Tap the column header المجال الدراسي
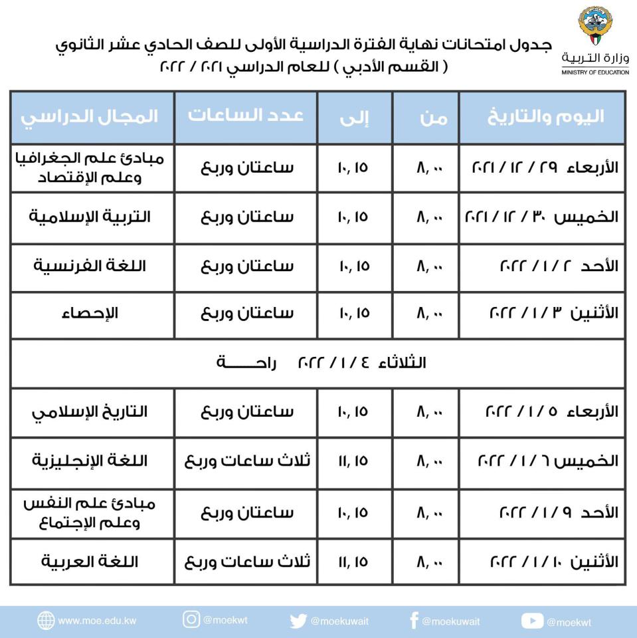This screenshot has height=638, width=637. tap(90, 116)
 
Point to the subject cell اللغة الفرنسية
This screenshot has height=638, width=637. tap(90, 266)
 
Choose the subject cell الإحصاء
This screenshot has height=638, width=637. tap(90, 313)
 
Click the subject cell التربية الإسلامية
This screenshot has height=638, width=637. tap(90, 217)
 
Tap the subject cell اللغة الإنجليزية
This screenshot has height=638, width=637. tap(90, 461)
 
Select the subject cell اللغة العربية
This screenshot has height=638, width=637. tap(90, 562)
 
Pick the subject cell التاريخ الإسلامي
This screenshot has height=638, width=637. tap(90, 411)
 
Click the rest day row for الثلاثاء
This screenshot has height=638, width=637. tap(318, 363)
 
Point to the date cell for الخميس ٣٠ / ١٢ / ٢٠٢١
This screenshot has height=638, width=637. tap(542, 217)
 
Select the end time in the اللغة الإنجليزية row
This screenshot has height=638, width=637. tap(353, 461)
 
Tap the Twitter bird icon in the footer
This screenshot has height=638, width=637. tap(298, 621)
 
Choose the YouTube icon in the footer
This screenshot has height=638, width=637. tap(532, 621)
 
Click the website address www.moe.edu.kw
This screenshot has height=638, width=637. tap(97, 621)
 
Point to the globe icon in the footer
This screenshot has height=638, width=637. tap(46, 621)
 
